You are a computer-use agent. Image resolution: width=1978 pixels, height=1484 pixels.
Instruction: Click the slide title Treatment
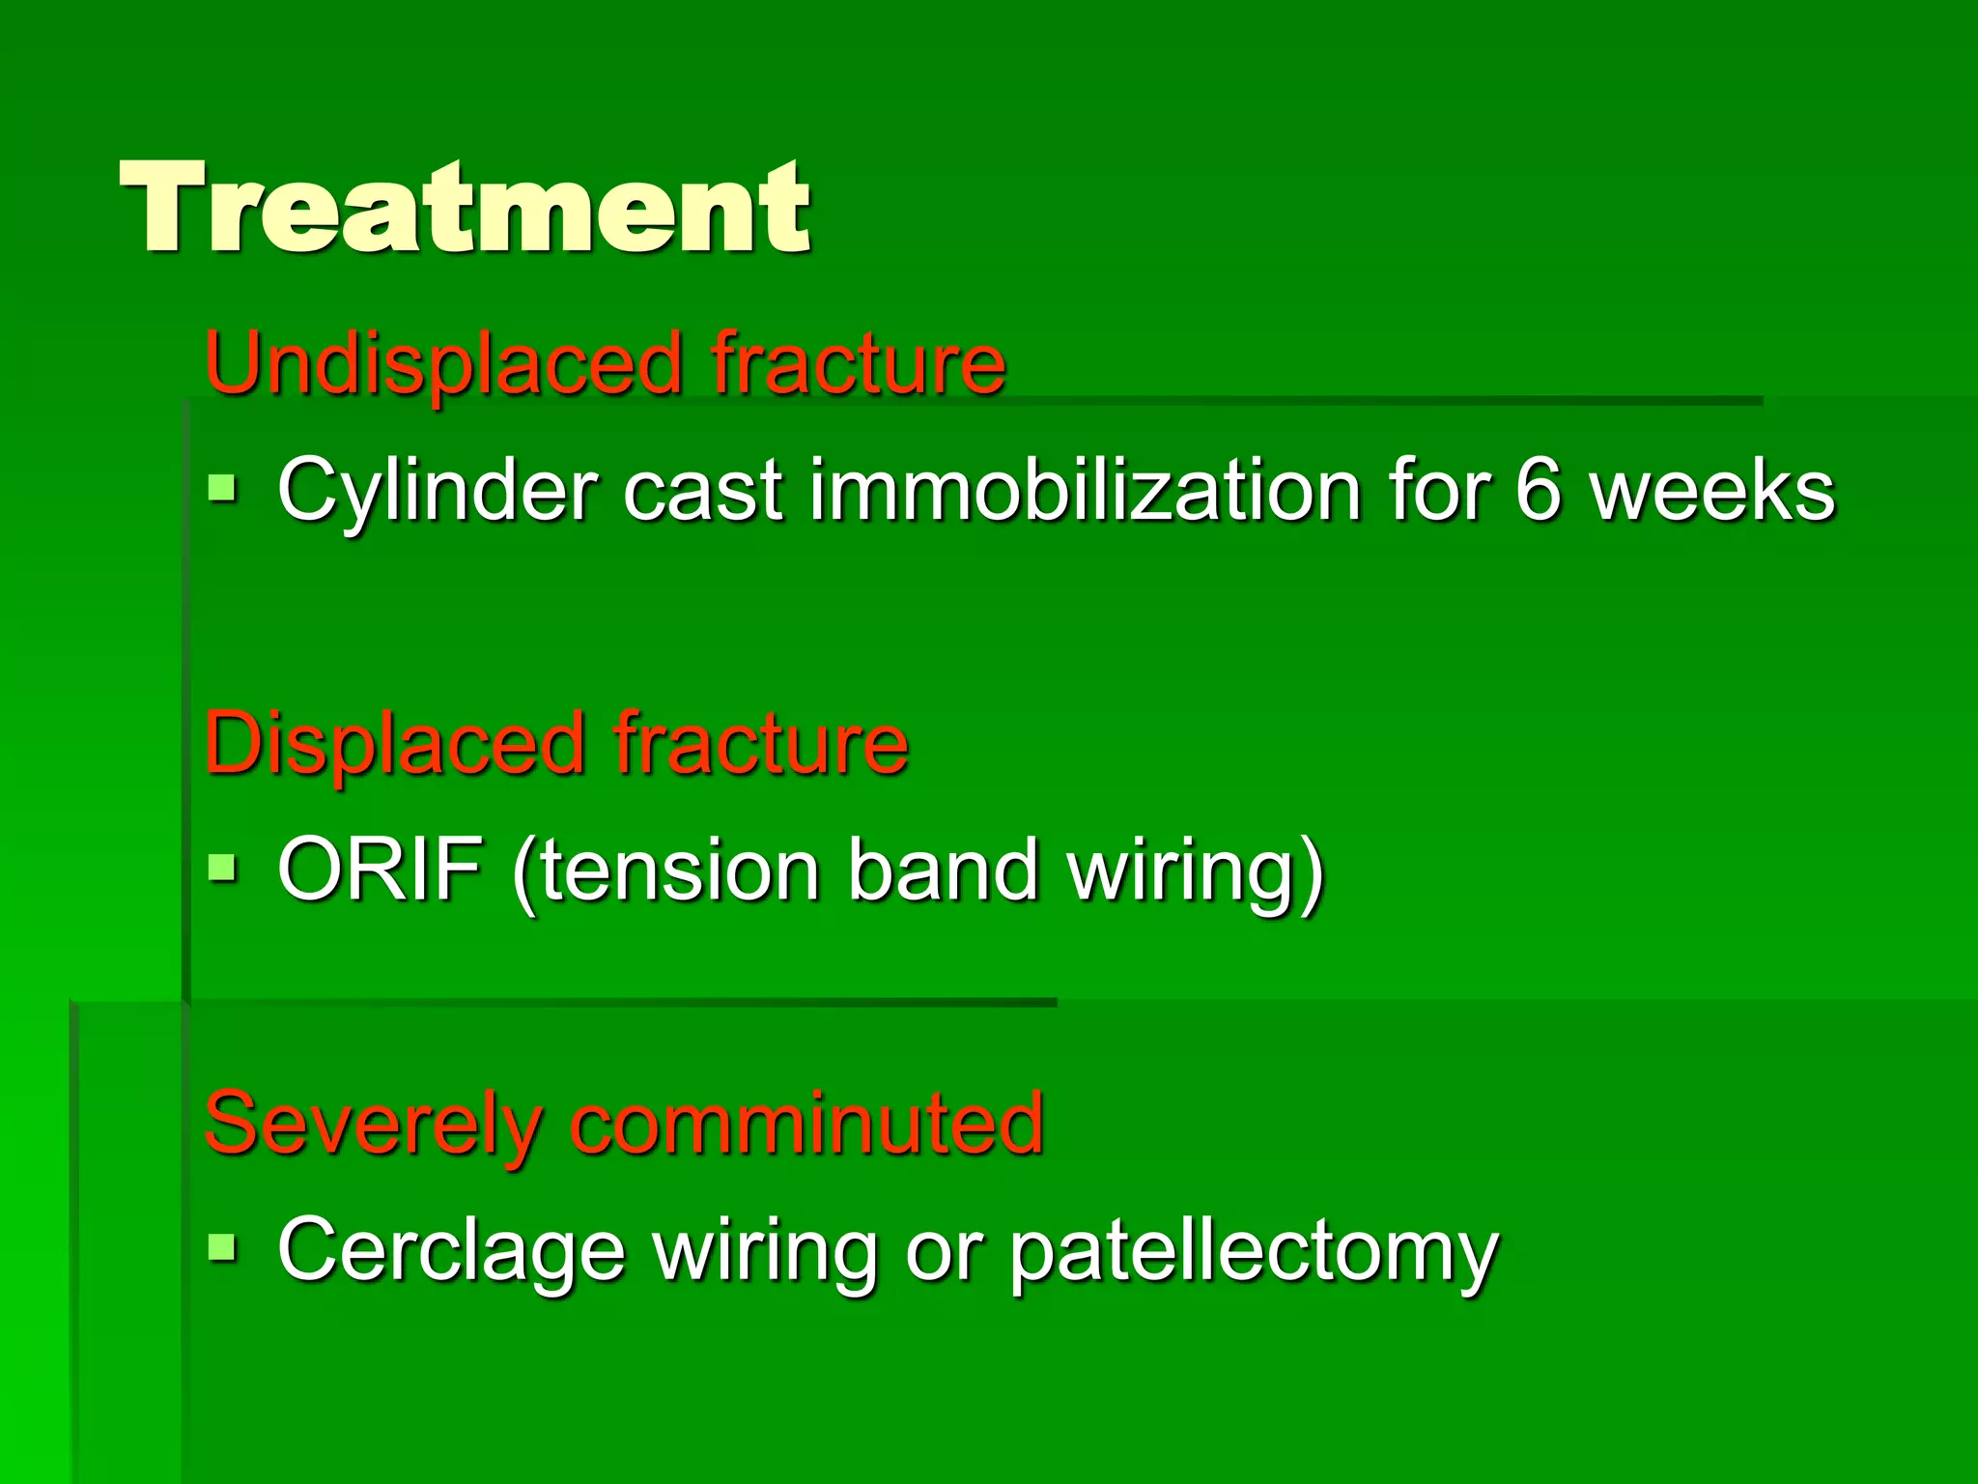465,208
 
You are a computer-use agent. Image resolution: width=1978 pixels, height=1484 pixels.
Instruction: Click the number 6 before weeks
1537,491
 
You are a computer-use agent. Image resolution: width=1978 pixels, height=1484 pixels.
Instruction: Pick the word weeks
1711,491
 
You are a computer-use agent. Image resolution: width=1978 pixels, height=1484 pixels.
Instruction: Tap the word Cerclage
451,1251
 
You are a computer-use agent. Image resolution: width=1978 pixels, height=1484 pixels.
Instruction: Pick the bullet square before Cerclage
222,1247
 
